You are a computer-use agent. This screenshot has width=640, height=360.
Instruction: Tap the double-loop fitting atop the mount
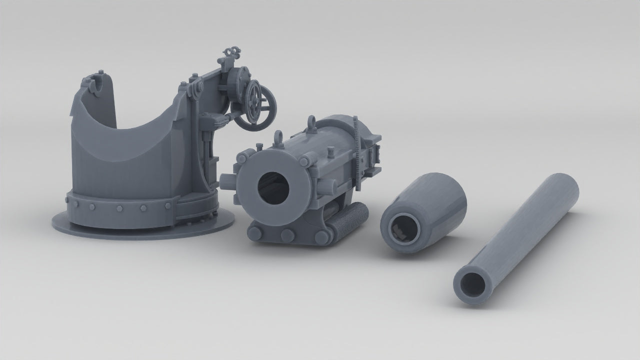pyautogui.click(x=230, y=52)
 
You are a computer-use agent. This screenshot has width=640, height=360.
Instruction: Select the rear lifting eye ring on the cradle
pyautogui.click(x=311, y=122)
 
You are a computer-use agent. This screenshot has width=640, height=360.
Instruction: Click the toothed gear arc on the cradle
pyautogui.click(x=357, y=150)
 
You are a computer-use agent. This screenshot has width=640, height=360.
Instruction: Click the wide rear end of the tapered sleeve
pyautogui.click(x=445, y=187)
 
